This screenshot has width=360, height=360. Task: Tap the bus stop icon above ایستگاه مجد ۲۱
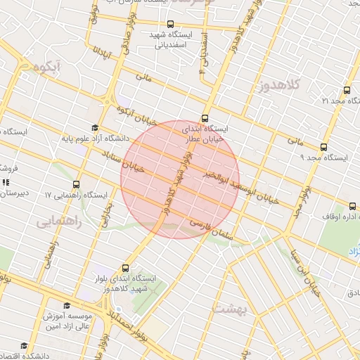346,91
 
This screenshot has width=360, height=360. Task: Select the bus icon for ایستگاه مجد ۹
323,148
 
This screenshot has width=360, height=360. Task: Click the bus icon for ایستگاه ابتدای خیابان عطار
205,118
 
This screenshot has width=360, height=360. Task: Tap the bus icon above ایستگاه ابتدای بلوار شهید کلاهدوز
126,268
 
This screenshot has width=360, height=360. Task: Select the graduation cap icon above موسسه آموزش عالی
67,306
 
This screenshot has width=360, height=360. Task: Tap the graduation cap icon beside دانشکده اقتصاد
24,346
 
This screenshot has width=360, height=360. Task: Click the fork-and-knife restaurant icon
6,183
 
